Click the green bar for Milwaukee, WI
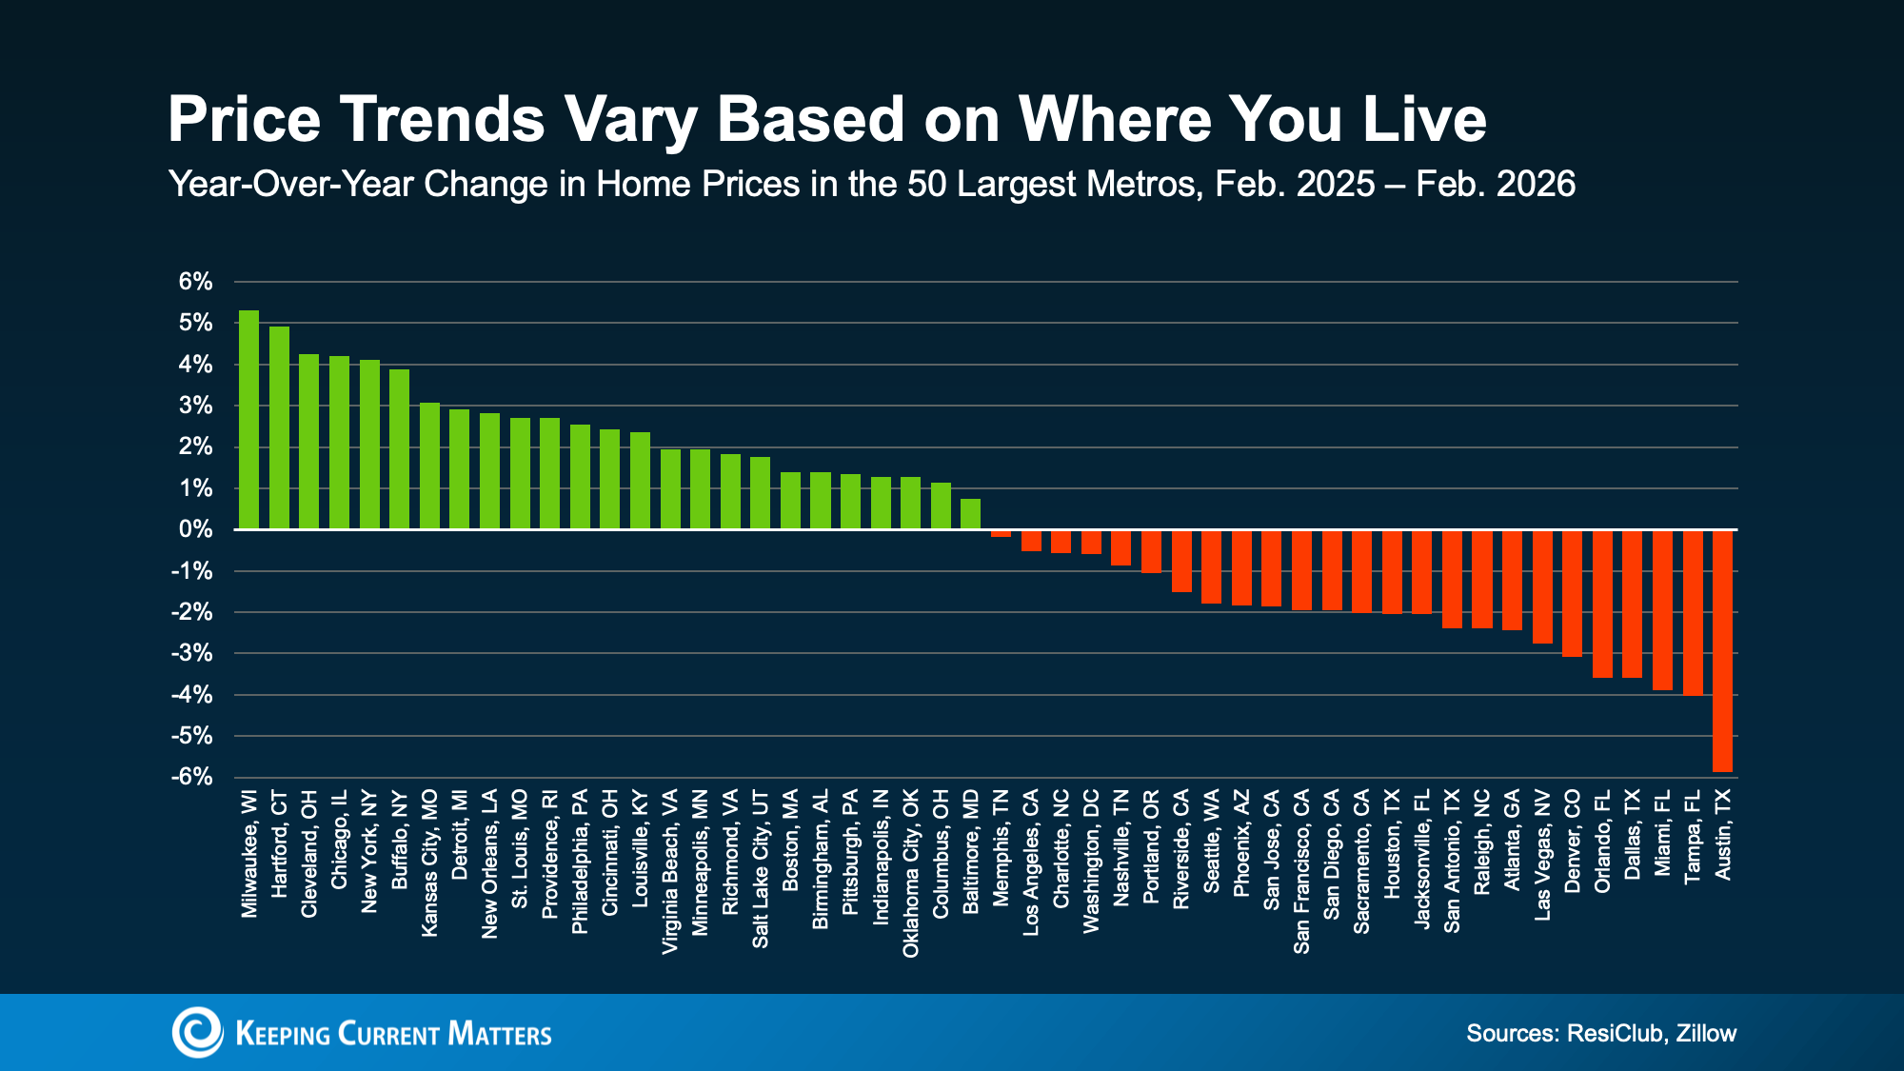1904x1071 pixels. coord(248,420)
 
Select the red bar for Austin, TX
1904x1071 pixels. coord(1722,650)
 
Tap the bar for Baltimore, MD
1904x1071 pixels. coord(970,514)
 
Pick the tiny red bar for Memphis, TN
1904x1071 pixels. coord(1001,533)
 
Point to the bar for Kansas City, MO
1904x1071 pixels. coord(429,466)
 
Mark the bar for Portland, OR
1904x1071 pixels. coord(1151,550)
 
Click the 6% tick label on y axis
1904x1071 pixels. coord(195,282)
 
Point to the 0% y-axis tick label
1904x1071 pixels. coord(195,529)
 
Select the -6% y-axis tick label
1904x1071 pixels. coord(192,777)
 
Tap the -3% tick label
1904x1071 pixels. coord(192,653)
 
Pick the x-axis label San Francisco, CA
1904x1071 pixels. coord(1301,871)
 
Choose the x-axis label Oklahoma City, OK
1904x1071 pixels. coord(910,873)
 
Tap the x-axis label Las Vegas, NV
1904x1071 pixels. coord(1542,855)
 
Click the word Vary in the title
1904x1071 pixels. coord(629,119)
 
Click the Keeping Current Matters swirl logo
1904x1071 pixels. coord(197,1032)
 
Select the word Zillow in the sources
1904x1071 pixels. coord(1706,1033)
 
